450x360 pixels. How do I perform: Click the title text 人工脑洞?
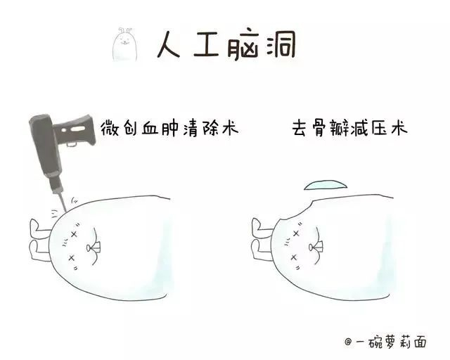tap(226, 45)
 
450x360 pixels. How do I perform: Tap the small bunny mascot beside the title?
tap(125, 44)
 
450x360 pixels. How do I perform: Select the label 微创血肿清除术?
tap(169, 129)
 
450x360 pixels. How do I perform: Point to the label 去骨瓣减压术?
tap(349, 129)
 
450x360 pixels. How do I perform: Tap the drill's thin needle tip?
tap(62, 202)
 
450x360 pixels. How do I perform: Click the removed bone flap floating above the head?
tap(326, 185)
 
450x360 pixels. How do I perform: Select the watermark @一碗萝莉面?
tap(385, 342)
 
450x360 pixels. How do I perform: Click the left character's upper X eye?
tap(74, 234)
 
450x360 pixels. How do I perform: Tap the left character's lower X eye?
tap(72, 258)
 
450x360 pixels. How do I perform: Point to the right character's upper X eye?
tap(296, 233)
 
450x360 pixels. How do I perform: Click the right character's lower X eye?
tap(293, 257)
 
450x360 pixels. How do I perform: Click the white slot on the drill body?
tap(77, 129)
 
